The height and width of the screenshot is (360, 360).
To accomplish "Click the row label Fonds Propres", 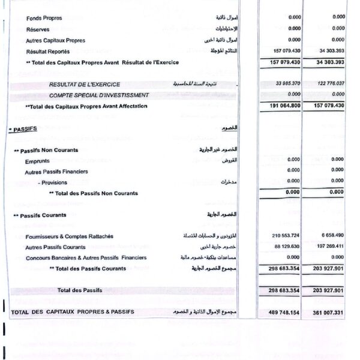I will pyautogui.click(x=44, y=18).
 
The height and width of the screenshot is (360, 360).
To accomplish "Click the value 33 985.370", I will pyautogui.click(x=285, y=84).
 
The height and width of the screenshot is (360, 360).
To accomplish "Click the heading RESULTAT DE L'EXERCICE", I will pyautogui.click(x=85, y=85).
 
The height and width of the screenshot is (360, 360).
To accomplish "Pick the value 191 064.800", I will pyautogui.click(x=282, y=106).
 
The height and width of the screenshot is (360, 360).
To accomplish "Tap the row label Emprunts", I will pyautogui.click(x=37, y=161).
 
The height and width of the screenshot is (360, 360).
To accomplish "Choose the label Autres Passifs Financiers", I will pyautogui.click(x=56, y=172).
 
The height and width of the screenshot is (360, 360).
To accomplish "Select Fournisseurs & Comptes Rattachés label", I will pyautogui.click(x=69, y=236).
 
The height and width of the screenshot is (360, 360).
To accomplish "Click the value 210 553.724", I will pyautogui.click(x=285, y=236).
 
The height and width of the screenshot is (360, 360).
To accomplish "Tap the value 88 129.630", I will pyautogui.click(x=286, y=247).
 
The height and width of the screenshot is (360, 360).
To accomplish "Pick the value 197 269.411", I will pyautogui.click(x=328, y=247).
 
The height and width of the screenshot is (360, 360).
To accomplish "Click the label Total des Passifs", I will pyautogui.click(x=79, y=290).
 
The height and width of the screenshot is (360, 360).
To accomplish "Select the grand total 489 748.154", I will pyautogui.click(x=281, y=313).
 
